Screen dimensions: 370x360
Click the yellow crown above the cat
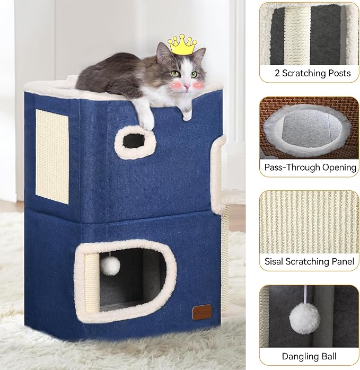182,45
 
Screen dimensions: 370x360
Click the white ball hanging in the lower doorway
110,266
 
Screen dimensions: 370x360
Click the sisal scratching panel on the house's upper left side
52,156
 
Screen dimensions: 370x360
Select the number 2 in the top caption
277,73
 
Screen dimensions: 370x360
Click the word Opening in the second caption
338,167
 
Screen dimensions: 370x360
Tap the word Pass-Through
290,167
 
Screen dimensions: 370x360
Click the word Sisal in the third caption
275,261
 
